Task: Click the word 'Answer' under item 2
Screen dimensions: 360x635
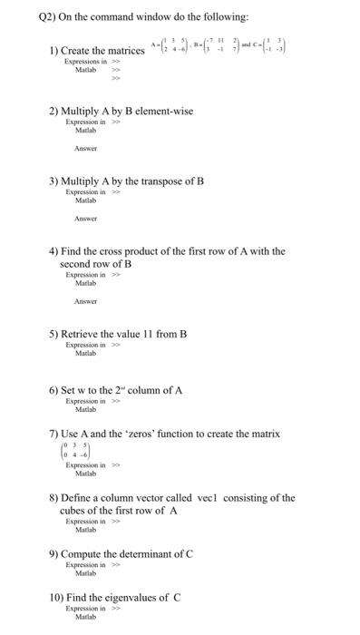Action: pyautogui.click(x=85, y=149)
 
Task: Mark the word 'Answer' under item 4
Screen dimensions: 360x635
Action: pyautogui.click(x=85, y=301)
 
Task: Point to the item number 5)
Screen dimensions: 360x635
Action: pyautogui.click(x=54, y=334)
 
